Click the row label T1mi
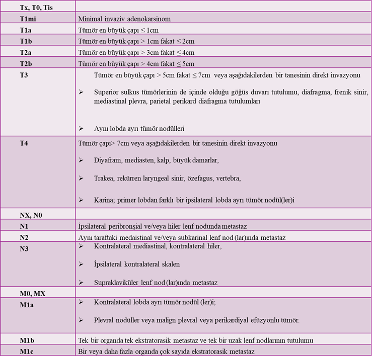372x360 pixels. [x=29, y=19]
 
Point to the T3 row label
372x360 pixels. [x=24, y=74]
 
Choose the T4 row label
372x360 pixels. [x=24, y=143]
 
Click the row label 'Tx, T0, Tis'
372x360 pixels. [x=36, y=6]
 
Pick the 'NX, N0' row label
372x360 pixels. [x=31, y=215]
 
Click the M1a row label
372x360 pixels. [x=27, y=303]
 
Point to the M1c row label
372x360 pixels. [x=27, y=351]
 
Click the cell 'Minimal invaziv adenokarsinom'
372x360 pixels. [x=124, y=19]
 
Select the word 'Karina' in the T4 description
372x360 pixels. [x=104, y=200]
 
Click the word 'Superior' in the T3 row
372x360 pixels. [x=107, y=93]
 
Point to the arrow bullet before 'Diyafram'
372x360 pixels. [x=81, y=160]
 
